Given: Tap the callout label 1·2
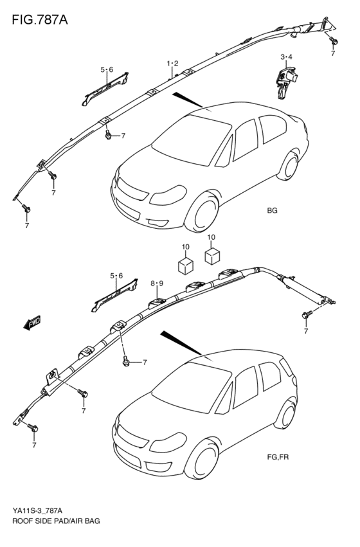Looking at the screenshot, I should [x=172, y=62].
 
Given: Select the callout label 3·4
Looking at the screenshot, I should [x=286, y=57].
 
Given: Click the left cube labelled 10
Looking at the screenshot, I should [x=186, y=264].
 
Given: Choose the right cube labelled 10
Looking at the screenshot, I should [x=213, y=256].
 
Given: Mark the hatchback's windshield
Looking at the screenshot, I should [x=186, y=386].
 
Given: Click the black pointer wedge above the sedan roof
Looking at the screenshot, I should [x=186, y=99].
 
